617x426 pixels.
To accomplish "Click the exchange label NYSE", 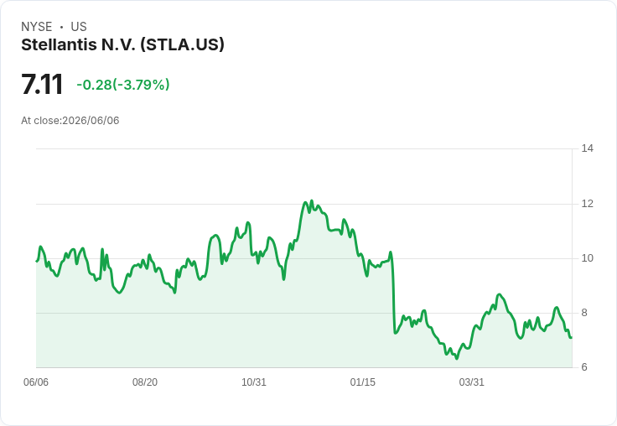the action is click(x=37, y=27).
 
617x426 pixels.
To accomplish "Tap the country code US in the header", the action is click(x=79, y=27).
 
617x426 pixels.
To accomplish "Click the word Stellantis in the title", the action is click(x=59, y=44).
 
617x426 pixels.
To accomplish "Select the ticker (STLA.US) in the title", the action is click(x=182, y=45).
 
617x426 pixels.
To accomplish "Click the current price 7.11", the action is click(x=42, y=84).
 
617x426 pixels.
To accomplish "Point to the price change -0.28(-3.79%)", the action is click(x=123, y=85).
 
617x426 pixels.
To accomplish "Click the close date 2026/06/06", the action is click(x=91, y=121).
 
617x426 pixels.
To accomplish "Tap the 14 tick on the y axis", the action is click(x=588, y=148).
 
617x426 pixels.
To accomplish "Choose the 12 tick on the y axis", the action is click(x=588, y=204).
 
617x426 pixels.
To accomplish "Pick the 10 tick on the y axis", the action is click(x=588, y=258).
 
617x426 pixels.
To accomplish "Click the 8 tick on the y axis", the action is click(x=584, y=313).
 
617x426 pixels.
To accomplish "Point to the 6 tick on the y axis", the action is click(x=584, y=367).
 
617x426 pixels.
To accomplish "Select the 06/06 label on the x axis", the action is click(x=36, y=382).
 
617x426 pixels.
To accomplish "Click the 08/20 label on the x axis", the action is click(x=145, y=382).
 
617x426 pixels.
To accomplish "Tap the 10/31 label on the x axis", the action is click(x=254, y=382).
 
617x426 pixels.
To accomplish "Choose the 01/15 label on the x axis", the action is click(x=363, y=382).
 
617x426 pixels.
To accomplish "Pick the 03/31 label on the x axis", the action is click(x=471, y=382).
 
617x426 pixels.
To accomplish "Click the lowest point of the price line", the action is click(x=457, y=359).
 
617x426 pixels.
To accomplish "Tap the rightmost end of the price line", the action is click(x=572, y=337).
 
